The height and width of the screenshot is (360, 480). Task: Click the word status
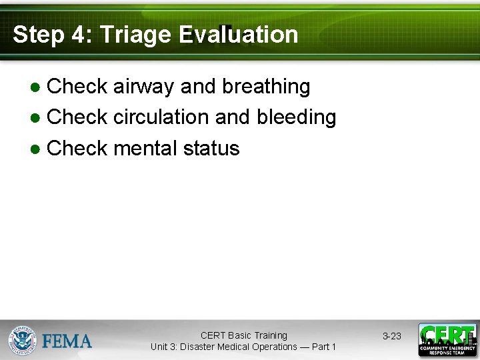[x=211, y=148]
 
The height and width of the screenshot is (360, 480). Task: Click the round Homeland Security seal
[x=22, y=340]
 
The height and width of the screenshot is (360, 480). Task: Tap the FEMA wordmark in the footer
[x=67, y=341]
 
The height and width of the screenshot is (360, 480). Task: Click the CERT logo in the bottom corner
[x=447, y=340]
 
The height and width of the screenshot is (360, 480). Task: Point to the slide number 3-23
[x=392, y=336]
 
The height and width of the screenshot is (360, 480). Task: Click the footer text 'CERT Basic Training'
[x=243, y=335]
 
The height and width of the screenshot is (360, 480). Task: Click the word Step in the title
[x=39, y=35]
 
